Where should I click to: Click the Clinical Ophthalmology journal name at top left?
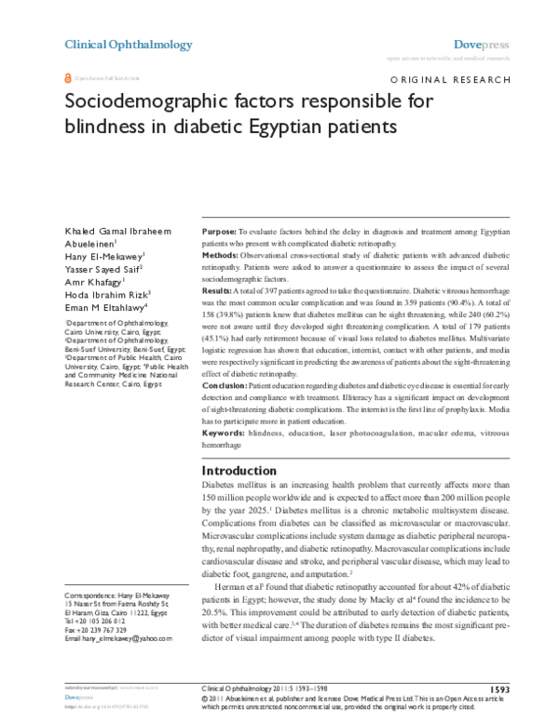click(x=128, y=45)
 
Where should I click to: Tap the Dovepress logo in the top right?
click(x=481, y=45)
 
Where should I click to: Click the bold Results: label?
click(x=219, y=291)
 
